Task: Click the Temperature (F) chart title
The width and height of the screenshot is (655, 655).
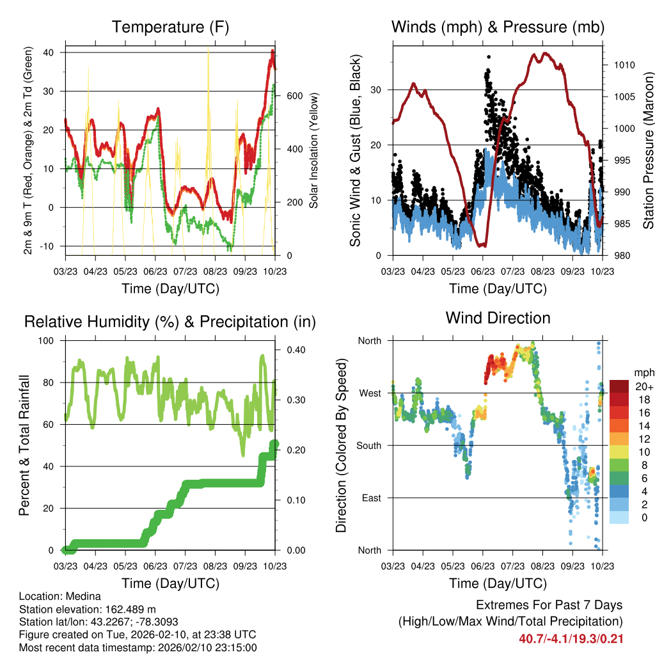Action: (170, 27)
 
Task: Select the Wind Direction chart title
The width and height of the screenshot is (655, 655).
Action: (498, 317)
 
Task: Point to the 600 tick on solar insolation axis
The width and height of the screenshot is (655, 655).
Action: (294, 96)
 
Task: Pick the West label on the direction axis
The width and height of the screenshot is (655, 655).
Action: (370, 393)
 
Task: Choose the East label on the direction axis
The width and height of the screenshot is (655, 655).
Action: (371, 498)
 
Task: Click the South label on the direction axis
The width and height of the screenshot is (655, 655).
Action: (368, 445)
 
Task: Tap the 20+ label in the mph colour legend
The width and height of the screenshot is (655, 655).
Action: (643, 386)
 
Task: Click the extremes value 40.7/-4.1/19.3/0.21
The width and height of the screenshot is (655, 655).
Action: (571, 639)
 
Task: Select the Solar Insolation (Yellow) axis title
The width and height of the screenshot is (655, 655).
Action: (313, 150)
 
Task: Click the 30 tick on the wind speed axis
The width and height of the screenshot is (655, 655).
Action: (377, 90)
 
